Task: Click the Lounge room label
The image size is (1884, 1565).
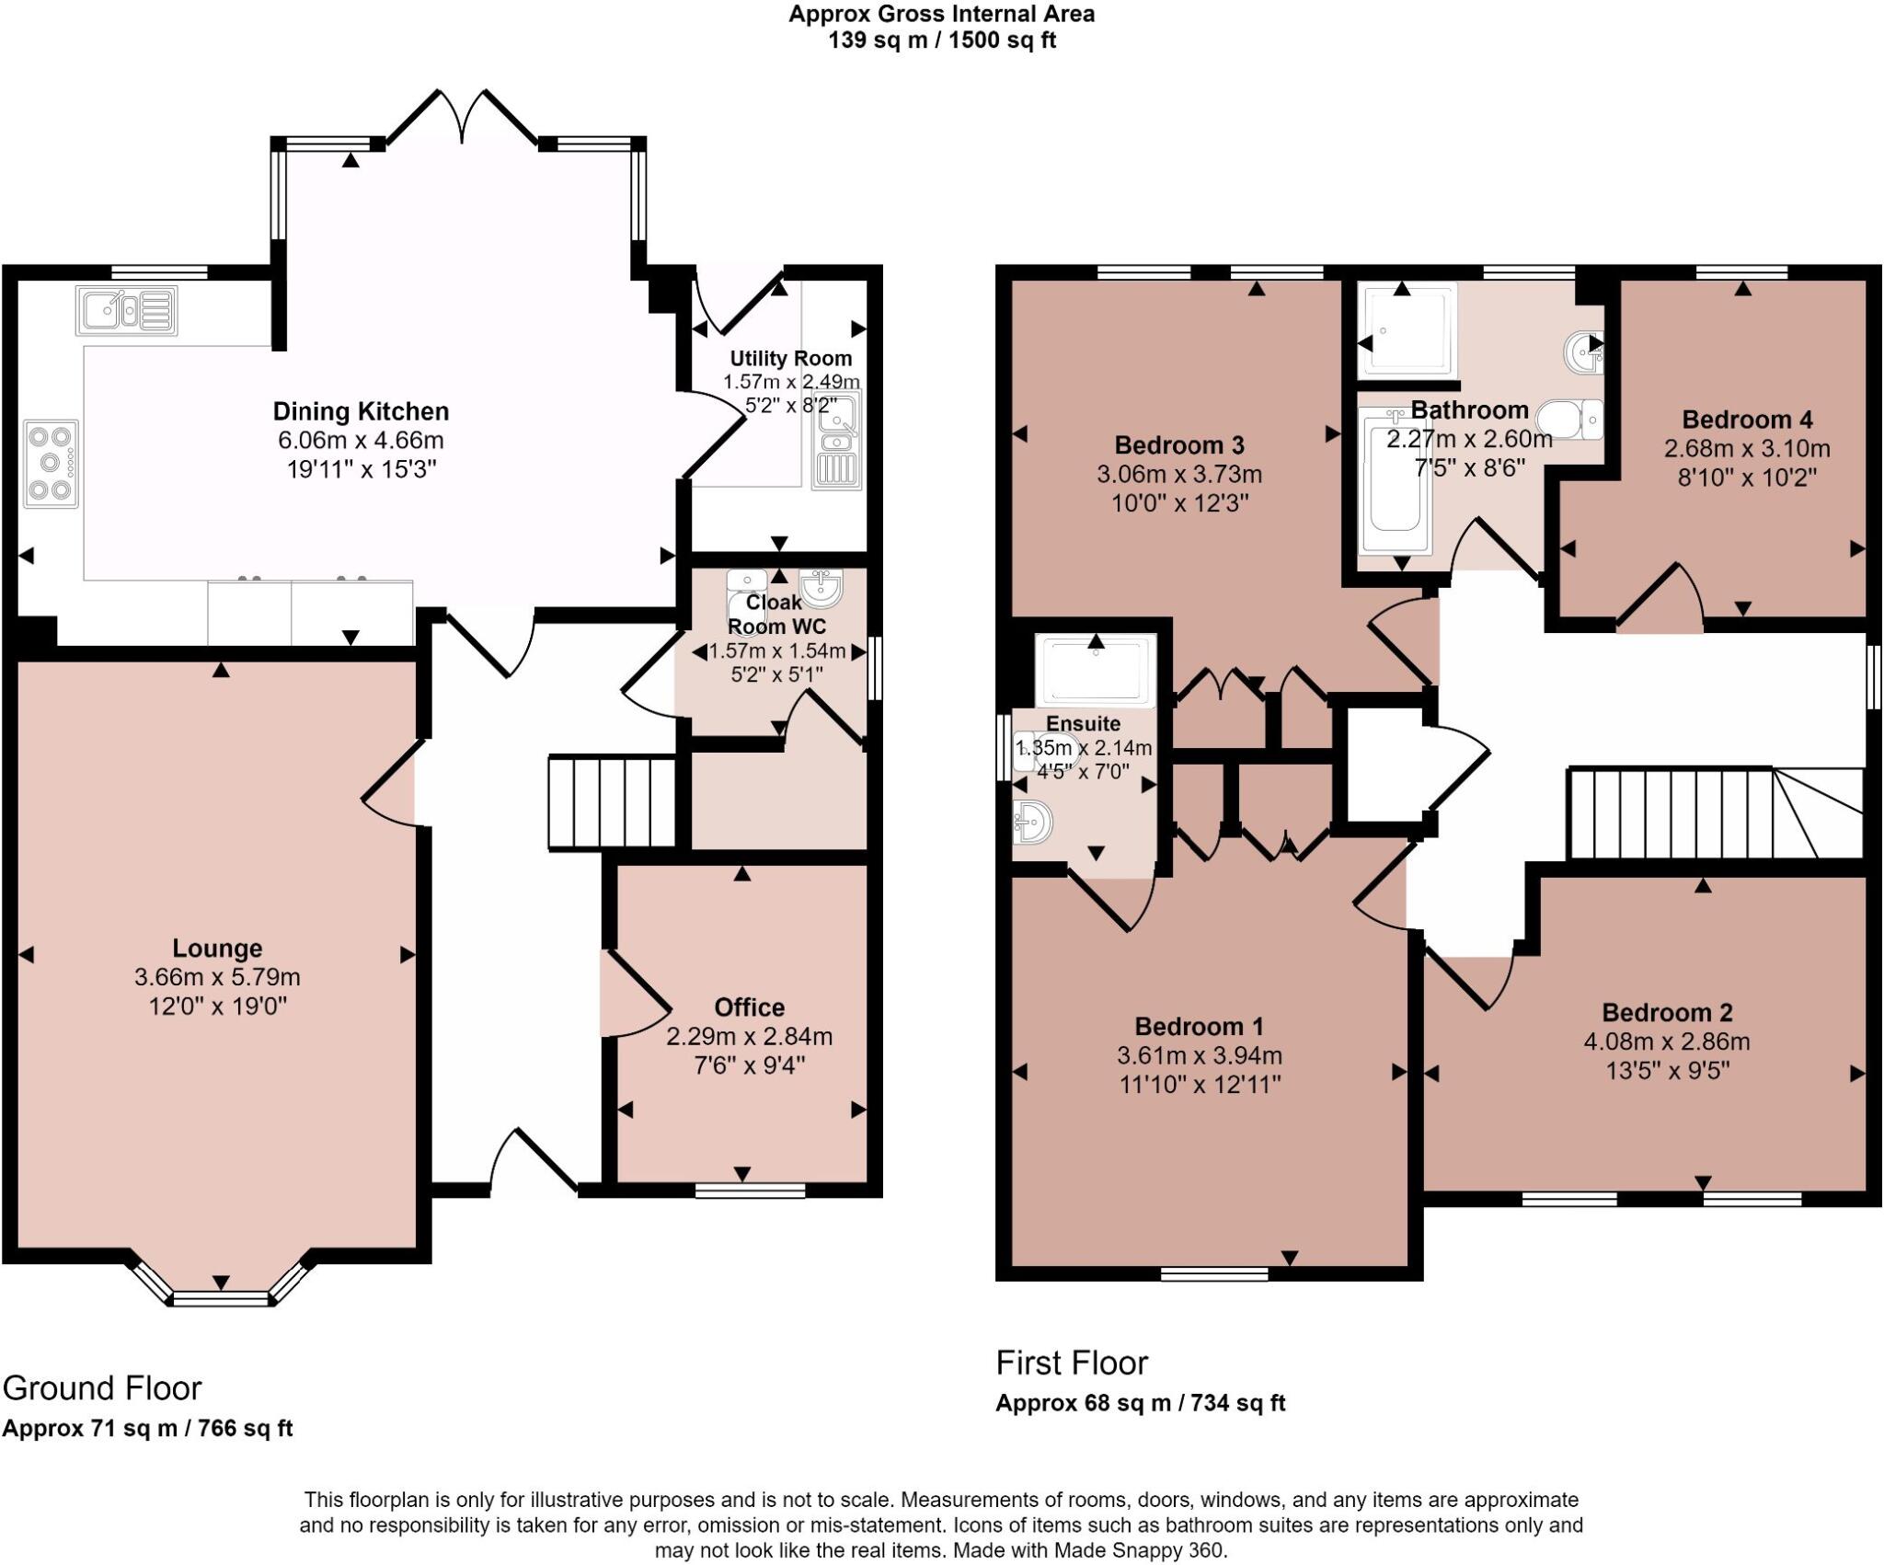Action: click(217, 949)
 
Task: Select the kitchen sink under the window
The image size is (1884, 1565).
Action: click(127, 310)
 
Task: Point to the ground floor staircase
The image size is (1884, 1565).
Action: click(612, 801)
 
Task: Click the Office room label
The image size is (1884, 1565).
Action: click(749, 1007)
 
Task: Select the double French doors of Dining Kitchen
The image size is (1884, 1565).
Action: click(463, 117)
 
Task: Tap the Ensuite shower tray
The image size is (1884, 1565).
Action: click(1095, 670)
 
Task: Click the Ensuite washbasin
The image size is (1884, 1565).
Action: click(1032, 821)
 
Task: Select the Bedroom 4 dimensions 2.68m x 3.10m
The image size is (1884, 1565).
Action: click(1746, 449)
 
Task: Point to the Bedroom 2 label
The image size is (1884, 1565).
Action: click(1667, 1013)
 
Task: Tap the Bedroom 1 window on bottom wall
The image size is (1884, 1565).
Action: click(1214, 1273)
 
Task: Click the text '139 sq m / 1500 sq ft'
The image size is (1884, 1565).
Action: click(941, 40)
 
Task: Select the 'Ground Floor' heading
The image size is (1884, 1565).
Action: click(102, 1387)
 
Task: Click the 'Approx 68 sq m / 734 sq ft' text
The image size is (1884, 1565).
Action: click(1140, 1403)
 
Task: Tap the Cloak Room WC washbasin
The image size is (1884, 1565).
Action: click(821, 588)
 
